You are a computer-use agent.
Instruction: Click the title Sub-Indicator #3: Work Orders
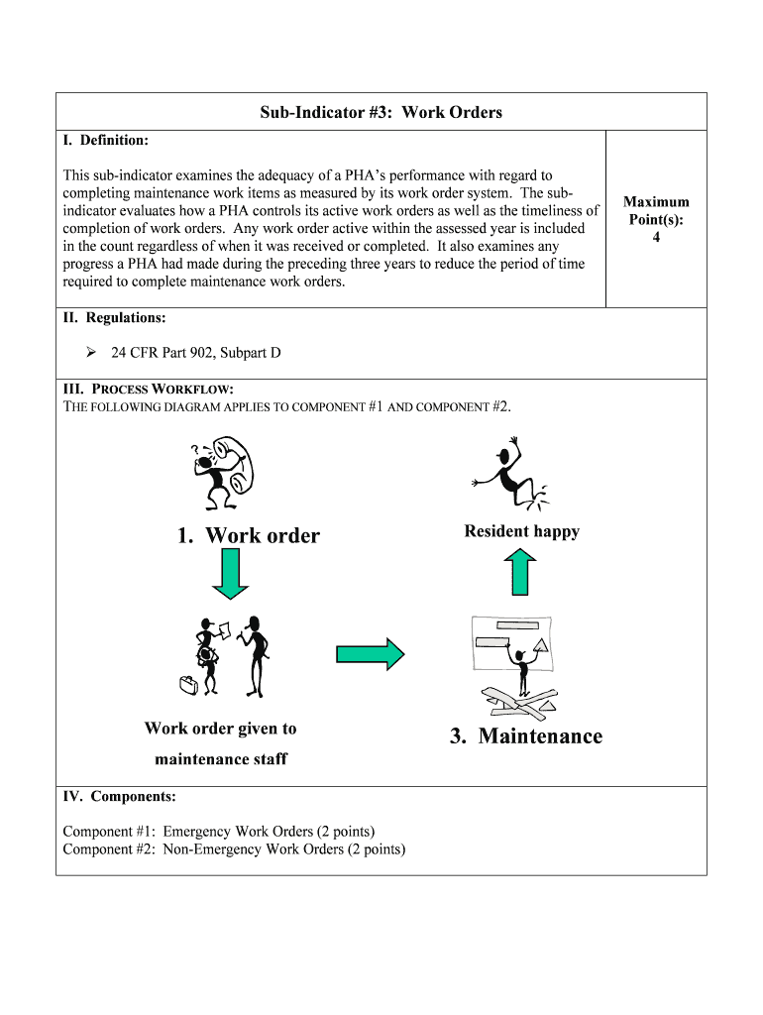(381, 112)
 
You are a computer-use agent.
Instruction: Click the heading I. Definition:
(106, 141)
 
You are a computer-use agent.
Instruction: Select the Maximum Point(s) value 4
(656, 238)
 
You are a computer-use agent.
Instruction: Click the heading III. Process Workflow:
(149, 390)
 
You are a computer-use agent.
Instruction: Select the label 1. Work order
(249, 536)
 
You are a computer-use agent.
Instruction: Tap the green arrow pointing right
(371, 653)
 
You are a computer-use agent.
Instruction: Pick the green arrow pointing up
(522, 573)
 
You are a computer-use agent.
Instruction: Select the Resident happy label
(521, 531)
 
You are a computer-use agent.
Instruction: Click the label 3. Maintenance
(525, 735)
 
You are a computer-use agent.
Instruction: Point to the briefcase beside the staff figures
(187, 684)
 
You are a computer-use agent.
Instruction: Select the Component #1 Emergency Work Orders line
(219, 832)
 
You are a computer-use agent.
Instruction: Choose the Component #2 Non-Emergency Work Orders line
(234, 849)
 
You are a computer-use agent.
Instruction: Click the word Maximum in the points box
(656, 201)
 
